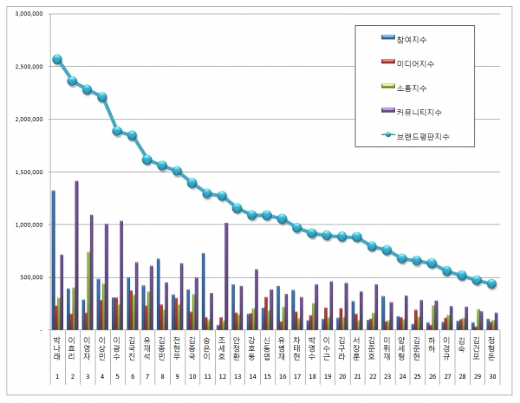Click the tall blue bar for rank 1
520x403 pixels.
point(54,260)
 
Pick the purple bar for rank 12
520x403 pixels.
point(226,276)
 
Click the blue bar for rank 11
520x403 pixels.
point(203,291)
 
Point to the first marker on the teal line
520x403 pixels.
point(57,60)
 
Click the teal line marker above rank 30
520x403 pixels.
point(491,283)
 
